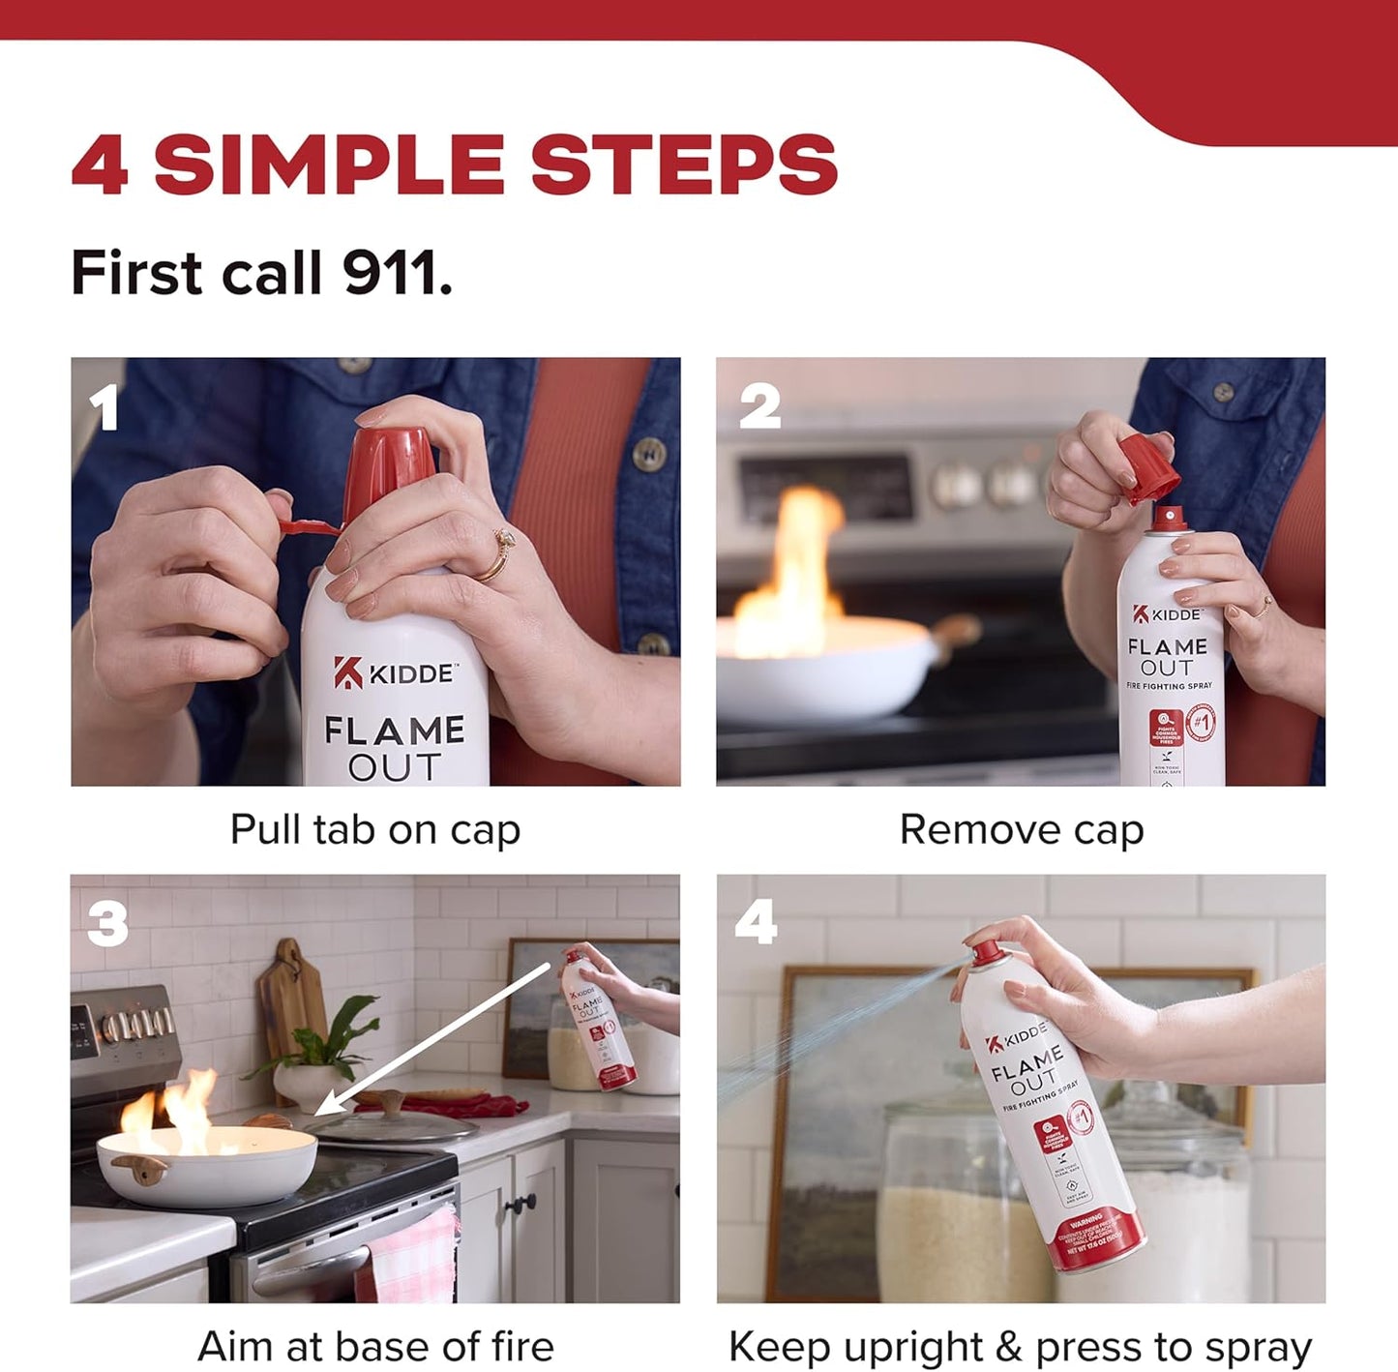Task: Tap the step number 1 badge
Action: pyautogui.click(x=103, y=407)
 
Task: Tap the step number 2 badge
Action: pyautogui.click(x=758, y=406)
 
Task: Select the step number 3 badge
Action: pyautogui.click(x=107, y=923)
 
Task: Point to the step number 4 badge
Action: pyautogui.click(x=756, y=921)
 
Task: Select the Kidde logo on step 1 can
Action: pyautogui.click(x=395, y=672)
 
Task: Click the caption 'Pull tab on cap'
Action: pyautogui.click(x=375, y=829)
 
